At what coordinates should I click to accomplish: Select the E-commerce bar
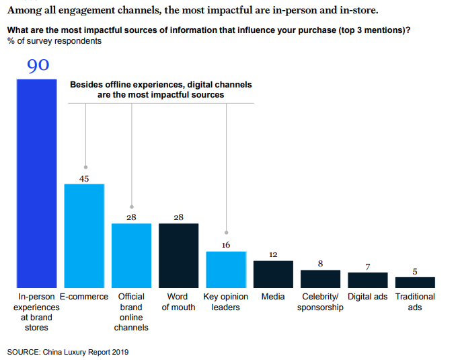[x=84, y=235]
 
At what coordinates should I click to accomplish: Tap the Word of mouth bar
[x=178, y=255]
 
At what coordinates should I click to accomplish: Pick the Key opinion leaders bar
[x=226, y=269]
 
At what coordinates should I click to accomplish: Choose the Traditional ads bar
[x=415, y=282]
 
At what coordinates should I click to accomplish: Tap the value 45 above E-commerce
[x=84, y=178]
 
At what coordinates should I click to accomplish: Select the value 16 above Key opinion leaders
[x=226, y=245]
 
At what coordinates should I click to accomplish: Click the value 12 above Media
[x=273, y=254]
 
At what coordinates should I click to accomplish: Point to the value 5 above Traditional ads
[x=415, y=271]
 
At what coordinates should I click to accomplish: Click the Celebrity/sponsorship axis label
[x=320, y=302]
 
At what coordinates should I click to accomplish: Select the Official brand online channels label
[x=131, y=312]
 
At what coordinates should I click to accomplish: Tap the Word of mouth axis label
[x=178, y=302]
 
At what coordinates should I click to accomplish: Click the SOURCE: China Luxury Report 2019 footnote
[x=67, y=351]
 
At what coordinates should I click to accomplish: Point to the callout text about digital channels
[x=161, y=90]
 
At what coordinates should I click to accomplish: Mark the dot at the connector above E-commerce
[x=85, y=167]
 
